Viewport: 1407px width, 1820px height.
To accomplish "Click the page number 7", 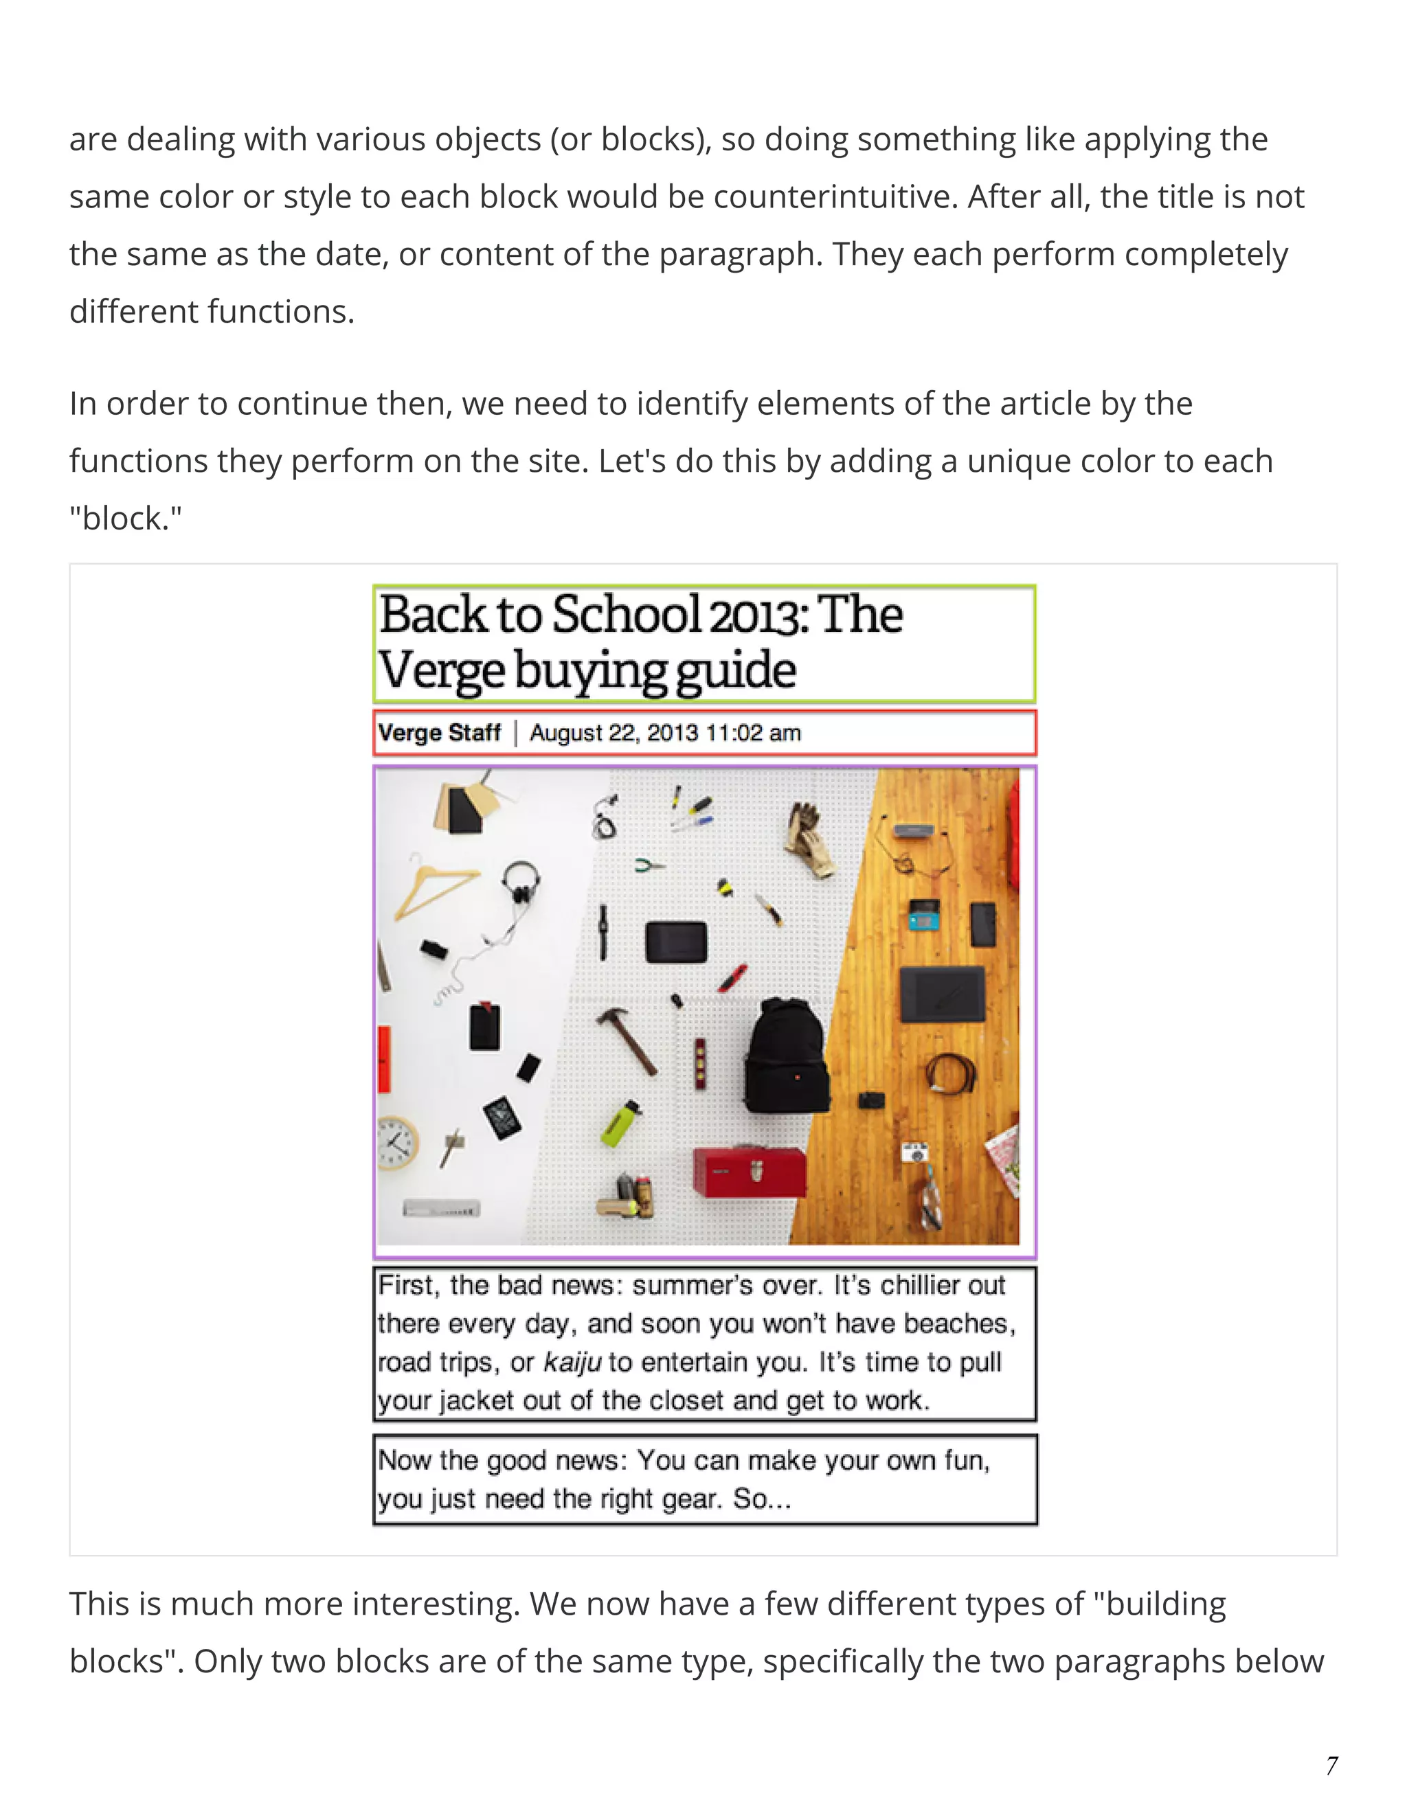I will [1332, 1766].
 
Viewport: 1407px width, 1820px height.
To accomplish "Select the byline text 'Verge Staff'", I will [439, 733].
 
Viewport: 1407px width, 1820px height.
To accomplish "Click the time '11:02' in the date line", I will [734, 733].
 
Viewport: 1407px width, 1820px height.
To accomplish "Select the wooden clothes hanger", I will [434, 888].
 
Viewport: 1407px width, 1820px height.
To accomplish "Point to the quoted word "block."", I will [125, 519].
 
